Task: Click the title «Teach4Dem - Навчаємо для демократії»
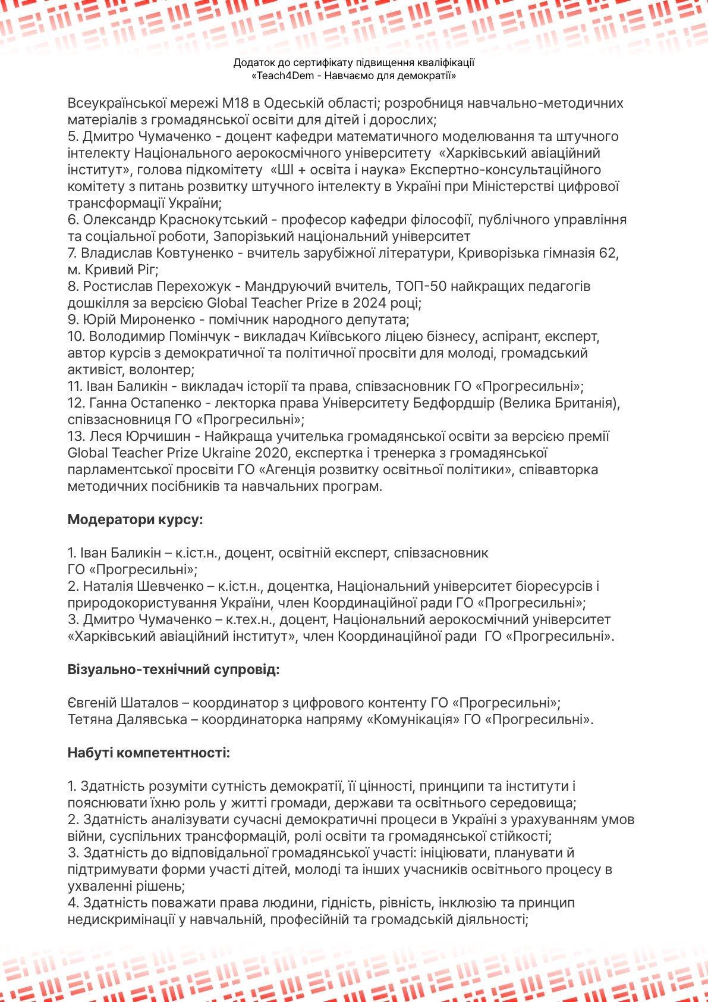(x=354, y=76)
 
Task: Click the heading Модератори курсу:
(x=135, y=519)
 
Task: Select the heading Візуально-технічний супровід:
(x=174, y=669)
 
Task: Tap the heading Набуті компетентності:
(x=149, y=753)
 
